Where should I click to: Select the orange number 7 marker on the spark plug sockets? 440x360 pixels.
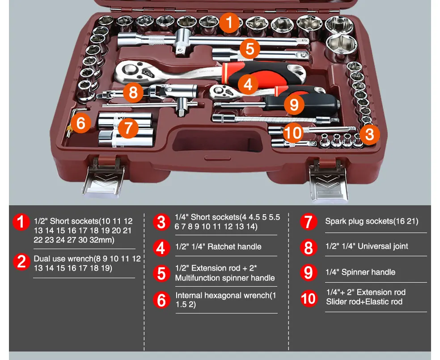(x=128, y=128)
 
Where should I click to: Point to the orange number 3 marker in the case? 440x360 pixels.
(x=370, y=134)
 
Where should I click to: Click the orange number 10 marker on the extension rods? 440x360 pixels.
(x=293, y=133)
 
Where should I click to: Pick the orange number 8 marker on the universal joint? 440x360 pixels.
(x=133, y=93)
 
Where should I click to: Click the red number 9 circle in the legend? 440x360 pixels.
(x=308, y=272)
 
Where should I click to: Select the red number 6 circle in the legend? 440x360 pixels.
(x=161, y=300)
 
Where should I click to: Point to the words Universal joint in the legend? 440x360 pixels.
(x=383, y=246)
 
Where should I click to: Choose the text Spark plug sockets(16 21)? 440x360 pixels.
(x=372, y=221)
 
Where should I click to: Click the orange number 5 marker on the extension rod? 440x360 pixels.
(x=250, y=49)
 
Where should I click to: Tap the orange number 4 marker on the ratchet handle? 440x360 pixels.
(x=248, y=84)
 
